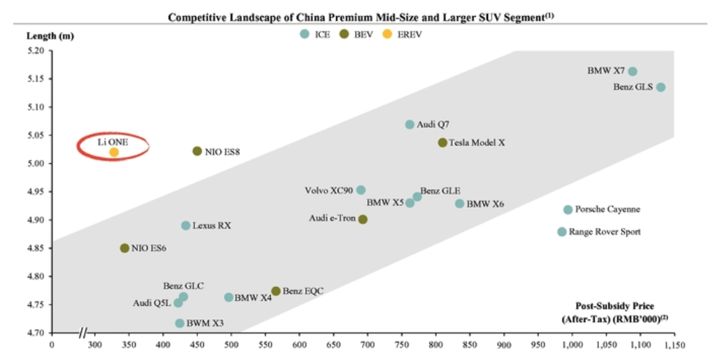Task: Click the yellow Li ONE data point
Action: [x=114, y=152]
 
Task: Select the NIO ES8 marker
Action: [x=197, y=151]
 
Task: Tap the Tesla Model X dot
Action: [x=443, y=142]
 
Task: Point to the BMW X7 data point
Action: [x=633, y=72]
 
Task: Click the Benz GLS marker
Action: [x=661, y=87]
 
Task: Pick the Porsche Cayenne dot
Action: [x=568, y=210]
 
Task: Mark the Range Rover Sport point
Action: [x=562, y=231]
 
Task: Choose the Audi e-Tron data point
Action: [x=363, y=219]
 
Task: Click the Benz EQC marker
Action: [x=275, y=291]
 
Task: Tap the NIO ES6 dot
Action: [x=125, y=248]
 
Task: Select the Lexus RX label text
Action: [x=212, y=226]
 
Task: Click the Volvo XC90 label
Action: [x=328, y=191]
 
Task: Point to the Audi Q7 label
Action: [x=432, y=125]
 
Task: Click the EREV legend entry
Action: [x=405, y=34]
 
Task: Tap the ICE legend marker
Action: [x=305, y=34]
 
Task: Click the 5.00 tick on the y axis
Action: [x=35, y=164]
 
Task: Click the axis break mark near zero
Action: [x=85, y=333]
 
